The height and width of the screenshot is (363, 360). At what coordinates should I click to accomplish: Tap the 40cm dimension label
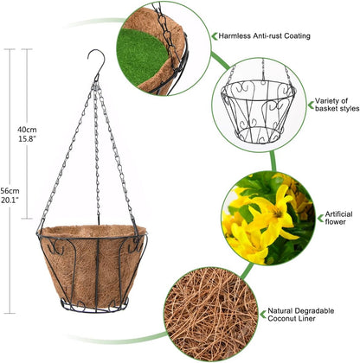coord(27,130)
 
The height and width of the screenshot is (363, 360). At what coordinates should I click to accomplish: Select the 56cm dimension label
coord(10,191)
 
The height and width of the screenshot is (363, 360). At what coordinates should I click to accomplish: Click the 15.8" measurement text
coord(27,138)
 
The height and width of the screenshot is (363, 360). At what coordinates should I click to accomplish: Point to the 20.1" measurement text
coord(10,200)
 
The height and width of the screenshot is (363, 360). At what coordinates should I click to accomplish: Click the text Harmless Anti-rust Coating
coord(264,36)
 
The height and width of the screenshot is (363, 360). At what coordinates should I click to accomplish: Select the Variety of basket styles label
coord(337,105)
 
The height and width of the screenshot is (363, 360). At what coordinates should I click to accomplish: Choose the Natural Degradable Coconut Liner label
coord(301,315)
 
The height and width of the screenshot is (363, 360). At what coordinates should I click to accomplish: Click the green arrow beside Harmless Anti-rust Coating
coord(215,36)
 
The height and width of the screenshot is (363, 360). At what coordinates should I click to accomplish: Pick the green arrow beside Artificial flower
coord(320,218)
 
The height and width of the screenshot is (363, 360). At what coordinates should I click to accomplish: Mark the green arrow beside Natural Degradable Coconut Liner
coord(263,315)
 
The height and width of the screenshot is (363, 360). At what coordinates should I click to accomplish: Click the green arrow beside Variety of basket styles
coord(311,105)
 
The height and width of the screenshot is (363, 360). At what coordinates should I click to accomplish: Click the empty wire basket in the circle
coord(259,111)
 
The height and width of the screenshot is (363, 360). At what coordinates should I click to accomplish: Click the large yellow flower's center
coord(278,213)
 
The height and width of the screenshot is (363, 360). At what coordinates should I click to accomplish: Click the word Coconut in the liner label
coord(281,319)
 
